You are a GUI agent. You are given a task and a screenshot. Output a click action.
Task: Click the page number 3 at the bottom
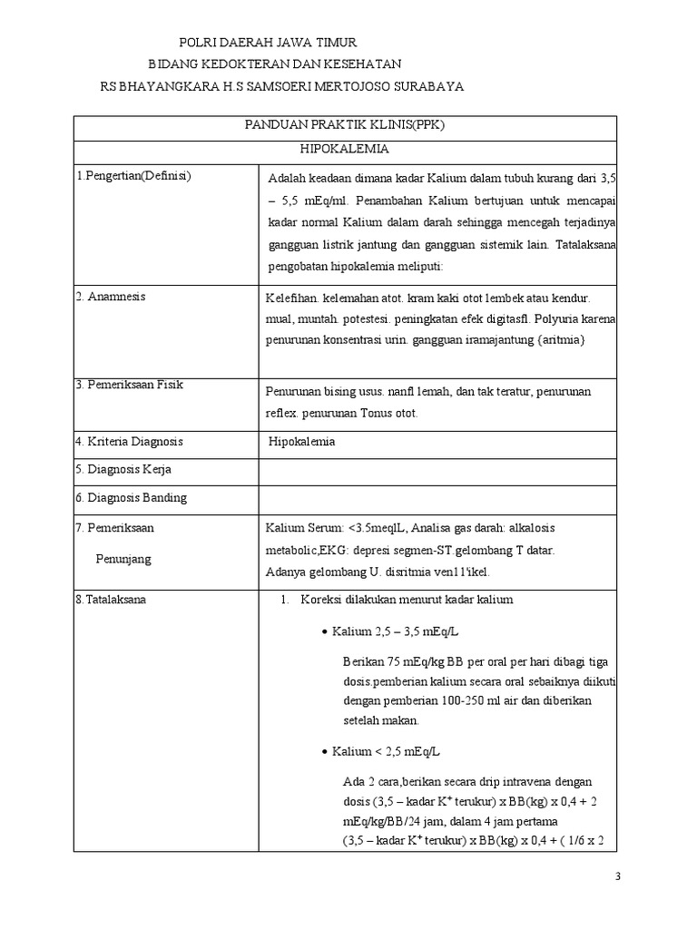(x=618, y=875)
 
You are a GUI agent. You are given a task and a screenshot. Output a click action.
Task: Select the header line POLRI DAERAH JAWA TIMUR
(x=268, y=43)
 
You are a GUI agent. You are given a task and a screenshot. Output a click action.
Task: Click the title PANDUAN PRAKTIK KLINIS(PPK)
(x=346, y=127)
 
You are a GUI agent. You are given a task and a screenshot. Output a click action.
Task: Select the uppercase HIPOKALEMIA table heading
(x=346, y=151)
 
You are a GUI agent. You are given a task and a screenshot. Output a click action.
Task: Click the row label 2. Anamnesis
(x=110, y=297)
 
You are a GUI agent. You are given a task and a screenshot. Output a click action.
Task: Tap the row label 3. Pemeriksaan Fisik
(x=129, y=385)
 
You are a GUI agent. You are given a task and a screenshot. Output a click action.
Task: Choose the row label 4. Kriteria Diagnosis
(x=129, y=442)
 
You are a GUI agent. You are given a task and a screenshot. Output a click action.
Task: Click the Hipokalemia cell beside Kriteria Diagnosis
(x=302, y=442)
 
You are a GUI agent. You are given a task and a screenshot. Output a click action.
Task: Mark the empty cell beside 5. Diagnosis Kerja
(x=438, y=470)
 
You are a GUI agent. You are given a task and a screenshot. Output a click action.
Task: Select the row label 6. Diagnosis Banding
(x=131, y=497)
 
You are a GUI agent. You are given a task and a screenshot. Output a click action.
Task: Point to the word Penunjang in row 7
(x=123, y=559)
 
